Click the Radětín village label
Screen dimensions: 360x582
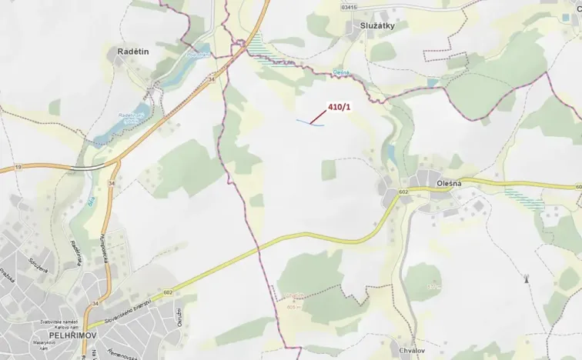pyautogui.click(x=133, y=51)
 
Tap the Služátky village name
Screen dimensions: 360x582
pyautogui.click(x=377, y=26)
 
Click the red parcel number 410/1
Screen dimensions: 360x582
pyautogui.click(x=339, y=107)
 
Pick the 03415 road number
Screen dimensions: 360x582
pyautogui.click(x=350, y=7)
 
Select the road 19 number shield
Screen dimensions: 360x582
pyautogui.click(x=16, y=167)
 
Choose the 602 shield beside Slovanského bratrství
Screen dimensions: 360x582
pyautogui.click(x=167, y=292)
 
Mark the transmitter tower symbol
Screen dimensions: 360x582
pyautogui.click(x=527, y=278)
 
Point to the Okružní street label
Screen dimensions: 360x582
pyautogui.click(x=179, y=315)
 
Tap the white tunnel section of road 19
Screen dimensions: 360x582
pyautogui.click(x=86, y=165)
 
